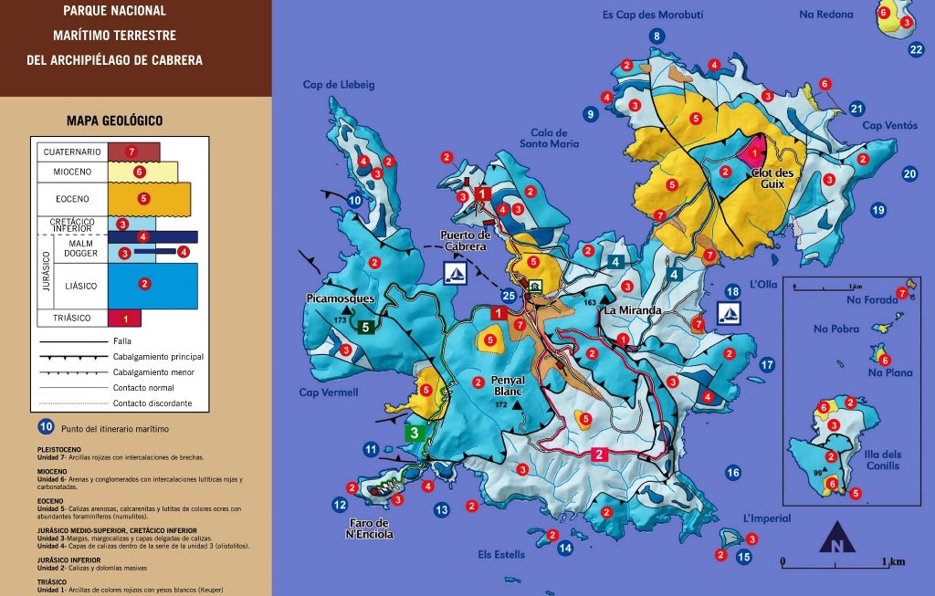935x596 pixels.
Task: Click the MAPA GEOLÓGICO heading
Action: click(x=114, y=120)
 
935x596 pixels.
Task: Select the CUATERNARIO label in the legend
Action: click(x=71, y=152)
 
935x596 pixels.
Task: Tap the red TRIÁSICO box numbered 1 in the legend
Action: click(x=125, y=318)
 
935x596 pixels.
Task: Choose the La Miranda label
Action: click(x=632, y=310)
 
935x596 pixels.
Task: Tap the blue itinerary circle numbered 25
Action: click(x=509, y=295)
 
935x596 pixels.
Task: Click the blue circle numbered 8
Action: click(x=656, y=36)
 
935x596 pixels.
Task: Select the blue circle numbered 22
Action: click(x=917, y=50)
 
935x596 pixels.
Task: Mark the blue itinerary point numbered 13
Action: click(x=442, y=510)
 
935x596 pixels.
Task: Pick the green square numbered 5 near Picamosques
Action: click(x=365, y=326)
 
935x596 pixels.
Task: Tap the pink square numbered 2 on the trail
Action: click(x=599, y=454)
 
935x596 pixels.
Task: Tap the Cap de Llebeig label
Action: click(x=339, y=85)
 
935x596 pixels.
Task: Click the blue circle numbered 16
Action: click(x=732, y=472)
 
